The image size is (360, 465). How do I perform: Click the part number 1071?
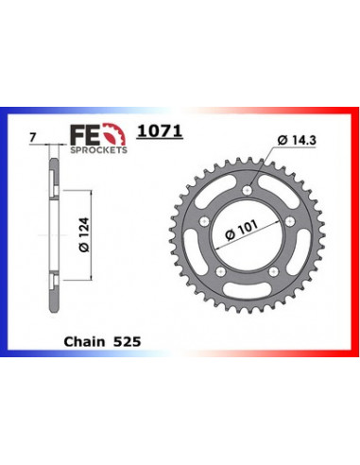(x=160, y=131)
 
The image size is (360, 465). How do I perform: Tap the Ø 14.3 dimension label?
(x=297, y=140)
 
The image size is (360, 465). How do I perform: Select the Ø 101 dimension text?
(x=242, y=230)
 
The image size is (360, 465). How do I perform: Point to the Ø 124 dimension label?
(x=84, y=234)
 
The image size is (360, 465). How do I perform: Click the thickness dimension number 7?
(x=32, y=137)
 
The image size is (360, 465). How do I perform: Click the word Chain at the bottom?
(x=84, y=341)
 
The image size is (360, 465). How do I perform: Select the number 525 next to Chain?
(x=128, y=342)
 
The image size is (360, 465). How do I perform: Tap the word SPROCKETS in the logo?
(x=98, y=150)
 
